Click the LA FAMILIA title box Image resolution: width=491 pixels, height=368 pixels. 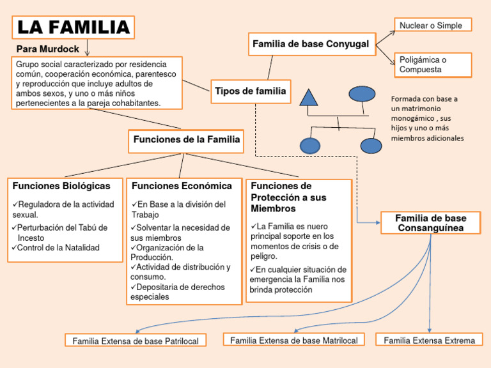point(73,27)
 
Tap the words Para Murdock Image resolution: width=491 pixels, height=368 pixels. point(48,49)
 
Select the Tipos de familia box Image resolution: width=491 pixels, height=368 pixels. point(251,91)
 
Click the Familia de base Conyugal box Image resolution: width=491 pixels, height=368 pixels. point(311,44)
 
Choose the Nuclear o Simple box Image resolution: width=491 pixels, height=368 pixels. point(433,25)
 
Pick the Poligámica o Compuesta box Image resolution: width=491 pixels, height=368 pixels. point(433,65)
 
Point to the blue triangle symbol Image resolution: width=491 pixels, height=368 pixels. point(309,96)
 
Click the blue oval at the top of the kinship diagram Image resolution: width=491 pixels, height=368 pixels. point(362,94)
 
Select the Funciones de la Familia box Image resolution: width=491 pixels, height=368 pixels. point(187,139)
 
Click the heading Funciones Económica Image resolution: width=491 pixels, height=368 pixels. point(182,186)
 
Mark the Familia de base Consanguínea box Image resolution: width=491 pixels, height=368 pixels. point(431,223)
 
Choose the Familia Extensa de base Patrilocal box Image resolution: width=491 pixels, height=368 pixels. point(136,341)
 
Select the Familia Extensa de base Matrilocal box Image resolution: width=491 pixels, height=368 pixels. point(294,340)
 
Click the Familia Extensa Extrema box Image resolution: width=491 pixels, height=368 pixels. point(429,340)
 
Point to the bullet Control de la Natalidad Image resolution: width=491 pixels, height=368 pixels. point(58,248)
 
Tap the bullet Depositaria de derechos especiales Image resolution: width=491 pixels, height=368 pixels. point(178,292)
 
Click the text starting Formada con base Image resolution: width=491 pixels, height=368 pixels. point(428,118)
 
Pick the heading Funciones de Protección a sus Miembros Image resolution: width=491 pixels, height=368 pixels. point(288,197)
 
